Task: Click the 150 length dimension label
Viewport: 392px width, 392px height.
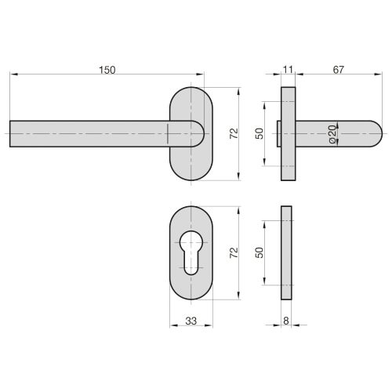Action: pyautogui.click(x=107, y=70)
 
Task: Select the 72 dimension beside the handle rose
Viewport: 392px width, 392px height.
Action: pyautogui.click(x=232, y=133)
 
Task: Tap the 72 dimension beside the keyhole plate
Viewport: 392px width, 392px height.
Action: pyautogui.click(x=232, y=252)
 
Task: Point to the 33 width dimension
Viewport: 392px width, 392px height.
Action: pyautogui.click(x=191, y=320)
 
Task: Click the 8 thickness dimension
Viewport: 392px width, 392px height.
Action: pyautogui.click(x=288, y=320)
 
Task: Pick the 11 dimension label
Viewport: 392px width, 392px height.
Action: pyautogui.click(x=288, y=70)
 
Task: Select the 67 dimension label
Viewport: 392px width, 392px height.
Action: pyautogui.click(x=338, y=70)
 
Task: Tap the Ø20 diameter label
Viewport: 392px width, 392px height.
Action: pyautogui.click(x=332, y=134)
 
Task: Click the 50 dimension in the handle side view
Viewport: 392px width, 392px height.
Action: pyautogui.click(x=259, y=133)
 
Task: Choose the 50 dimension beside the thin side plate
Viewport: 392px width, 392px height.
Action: pyautogui.click(x=259, y=252)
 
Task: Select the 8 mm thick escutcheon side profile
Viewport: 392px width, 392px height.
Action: pyautogui.click(x=288, y=252)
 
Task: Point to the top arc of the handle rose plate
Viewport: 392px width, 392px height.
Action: pyautogui.click(x=191, y=89)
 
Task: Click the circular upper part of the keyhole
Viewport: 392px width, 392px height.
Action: pyautogui.click(x=191, y=241)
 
